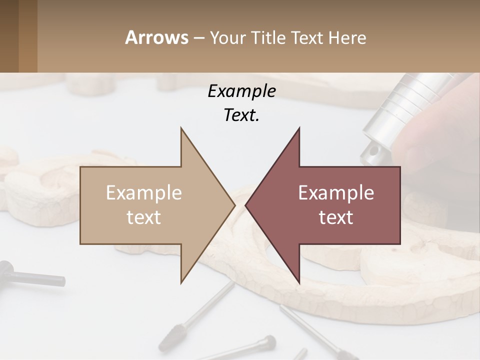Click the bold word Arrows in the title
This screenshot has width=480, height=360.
(x=157, y=37)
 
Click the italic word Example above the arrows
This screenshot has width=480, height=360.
(x=241, y=91)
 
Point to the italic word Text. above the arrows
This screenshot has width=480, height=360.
(x=241, y=115)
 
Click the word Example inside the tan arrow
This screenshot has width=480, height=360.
(x=144, y=192)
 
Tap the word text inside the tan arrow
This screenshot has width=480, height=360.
(x=144, y=217)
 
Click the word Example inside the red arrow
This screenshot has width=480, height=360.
(x=336, y=192)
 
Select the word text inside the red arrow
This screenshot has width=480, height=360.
(x=336, y=217)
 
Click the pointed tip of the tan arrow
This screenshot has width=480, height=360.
(x=234, y=205)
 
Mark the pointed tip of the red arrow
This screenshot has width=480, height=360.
(x=246, y=205)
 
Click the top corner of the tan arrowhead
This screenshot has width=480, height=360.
(x=181, y=128)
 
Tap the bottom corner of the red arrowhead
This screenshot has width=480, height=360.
(x=299, y=283)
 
